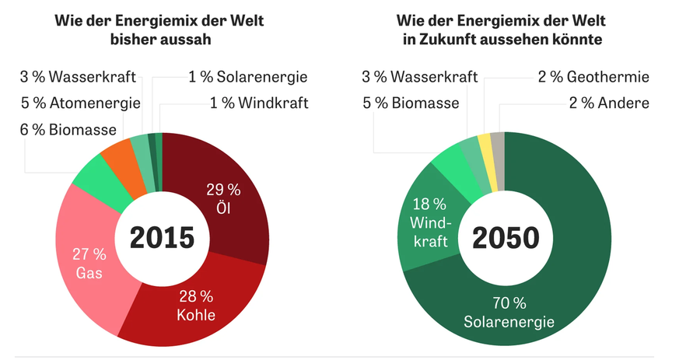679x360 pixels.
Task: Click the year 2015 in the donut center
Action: tap(162, 237)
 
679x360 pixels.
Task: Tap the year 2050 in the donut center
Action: tap(507, 237)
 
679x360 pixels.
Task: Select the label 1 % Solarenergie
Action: tap(247, 77)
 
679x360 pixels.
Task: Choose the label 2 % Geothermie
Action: tap(593, 77)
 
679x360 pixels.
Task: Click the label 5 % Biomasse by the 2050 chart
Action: tap(410, 102)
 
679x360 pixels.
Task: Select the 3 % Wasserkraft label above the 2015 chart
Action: tap(78, 77)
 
